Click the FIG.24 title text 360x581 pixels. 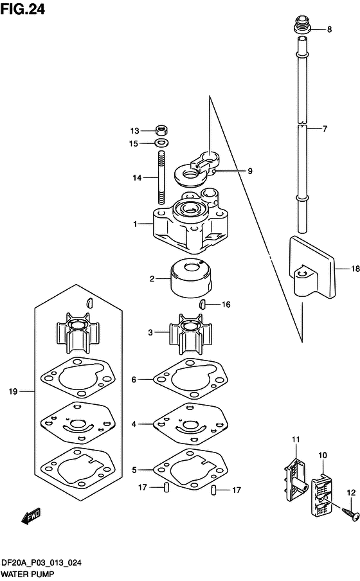point(22,9)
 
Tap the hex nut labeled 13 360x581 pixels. point(161,130)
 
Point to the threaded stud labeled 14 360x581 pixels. point(161,177)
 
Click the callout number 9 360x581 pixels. point(250,171)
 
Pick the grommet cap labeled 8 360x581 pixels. point(301,24)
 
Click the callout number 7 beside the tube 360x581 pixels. point(325,129)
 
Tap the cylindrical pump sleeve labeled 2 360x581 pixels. point(190,278)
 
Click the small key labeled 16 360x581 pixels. point(202,304)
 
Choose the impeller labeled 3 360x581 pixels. point(190,335)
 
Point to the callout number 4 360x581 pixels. point(134,424)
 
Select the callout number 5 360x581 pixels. point(134,470)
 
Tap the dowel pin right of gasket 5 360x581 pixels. point(213,490)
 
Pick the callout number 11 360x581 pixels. point(296,440)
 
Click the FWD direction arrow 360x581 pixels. point(31,516)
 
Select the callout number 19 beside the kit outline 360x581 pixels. point(13,391)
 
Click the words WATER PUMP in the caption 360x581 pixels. point(27,575)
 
